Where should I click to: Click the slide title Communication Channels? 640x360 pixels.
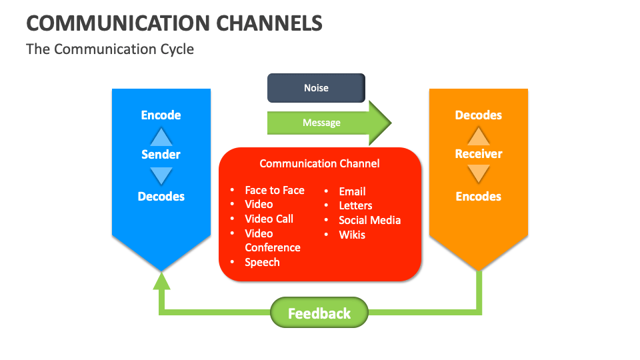pyautogui.click(x=174, y=23)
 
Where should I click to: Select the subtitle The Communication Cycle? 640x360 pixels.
pyautogui.click(x=110, y=49)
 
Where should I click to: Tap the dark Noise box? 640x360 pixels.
pyautogui.click(x=316, y=88)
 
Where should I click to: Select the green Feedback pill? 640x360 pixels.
pyautogui.click(x=319, y=313)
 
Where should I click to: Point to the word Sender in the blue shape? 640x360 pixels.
pyautogui.click(x=161, y=155)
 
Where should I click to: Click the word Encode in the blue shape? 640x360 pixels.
pyautogui.click(x=161, y=115)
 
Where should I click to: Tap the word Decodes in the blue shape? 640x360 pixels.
pyautogui.click(x=161, y=197)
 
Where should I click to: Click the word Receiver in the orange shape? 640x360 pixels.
pyautogui.click(x=478, y=154)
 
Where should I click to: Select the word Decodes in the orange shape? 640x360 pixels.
pyautogui.click(x=478, y=115)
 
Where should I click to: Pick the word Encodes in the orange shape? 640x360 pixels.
pyautogui.click(x=478, y=197)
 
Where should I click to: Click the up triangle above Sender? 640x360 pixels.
pyautogui.click(x=161, y=137)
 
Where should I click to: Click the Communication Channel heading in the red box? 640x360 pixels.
pyautogui.click(x=319, y=163)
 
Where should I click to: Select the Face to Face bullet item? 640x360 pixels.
pyautogui.click(x=274, y=190)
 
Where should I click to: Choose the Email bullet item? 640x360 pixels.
pyautogui.click(x=352, y=191)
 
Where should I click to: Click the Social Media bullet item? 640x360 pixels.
pyautogui.click(x=369, y=220)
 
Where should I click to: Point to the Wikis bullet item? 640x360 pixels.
pyautogui.click(x=352, y=235)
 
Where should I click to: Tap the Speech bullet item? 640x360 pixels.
pyautogui.click(x=262, y=262)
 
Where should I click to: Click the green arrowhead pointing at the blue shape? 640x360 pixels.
pyautogui.click(x=161, y=281)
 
